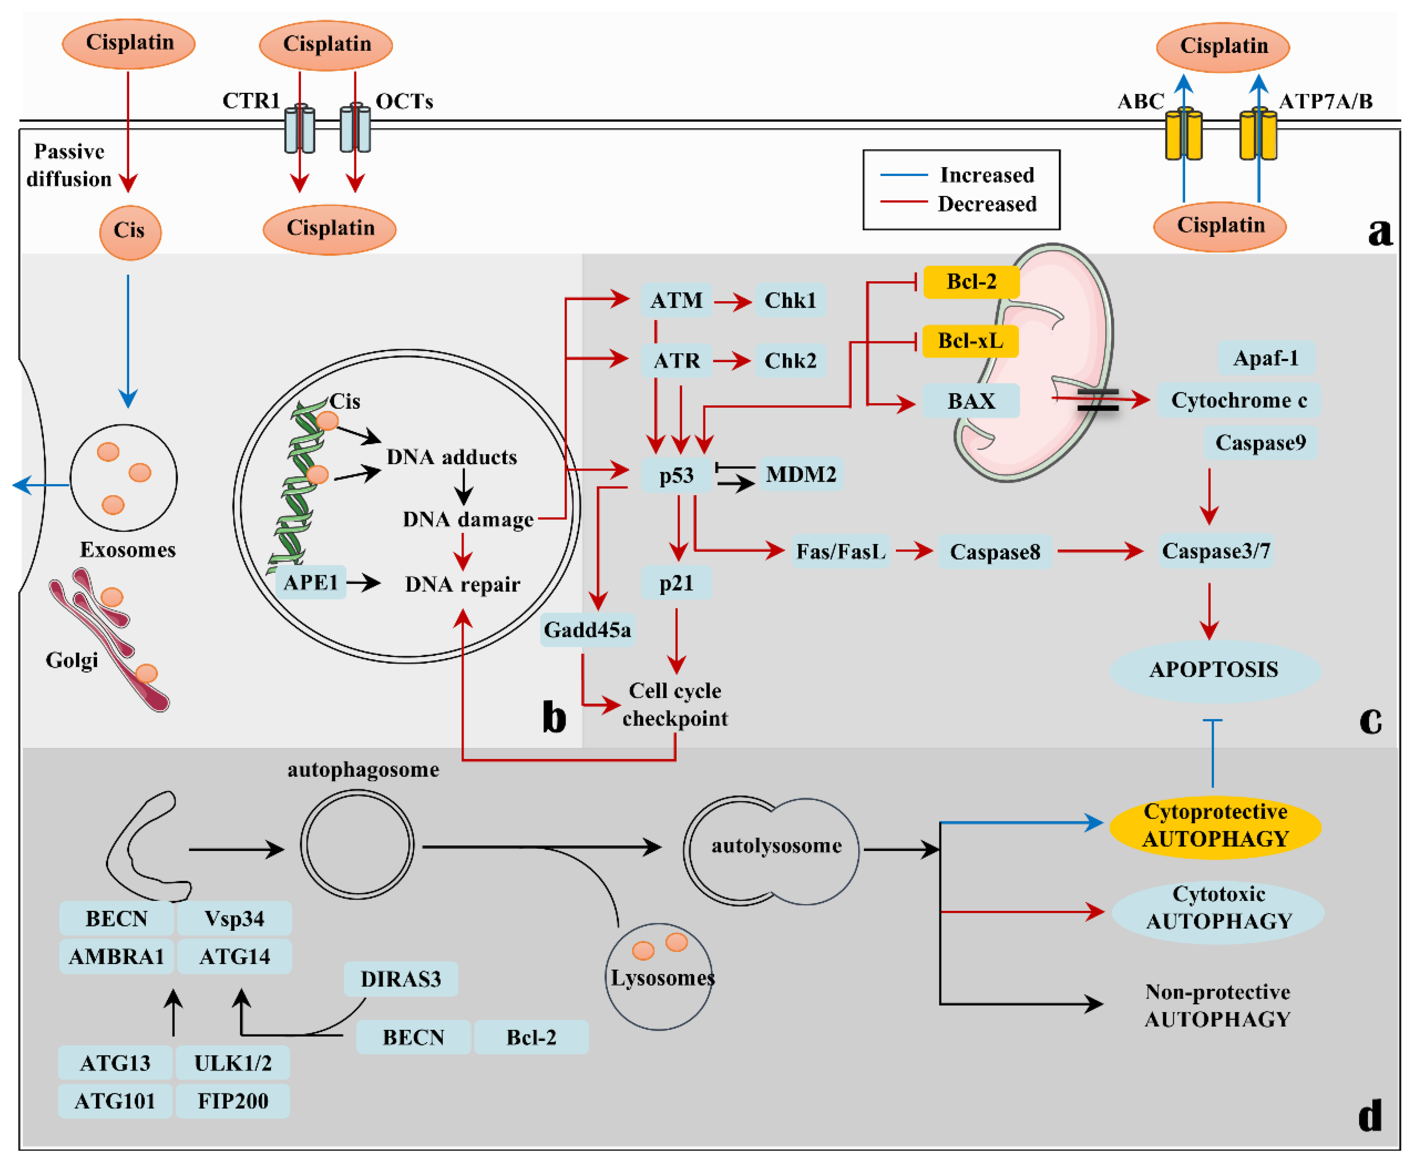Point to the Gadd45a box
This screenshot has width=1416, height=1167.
[588, 630]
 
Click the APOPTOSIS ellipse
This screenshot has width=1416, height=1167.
[1214, 669]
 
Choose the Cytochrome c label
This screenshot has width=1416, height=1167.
[1238, 400]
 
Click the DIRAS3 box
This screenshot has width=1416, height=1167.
[401, 979]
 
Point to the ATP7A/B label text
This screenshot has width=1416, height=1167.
[1325, 102]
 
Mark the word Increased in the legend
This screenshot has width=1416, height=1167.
[987, 175]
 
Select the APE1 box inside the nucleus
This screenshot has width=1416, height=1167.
[310, 582]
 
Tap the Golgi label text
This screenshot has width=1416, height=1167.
[72, 660]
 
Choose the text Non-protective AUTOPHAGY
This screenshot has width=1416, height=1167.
[1217, 1006]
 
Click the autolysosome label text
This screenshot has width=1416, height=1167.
[776, 845]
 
